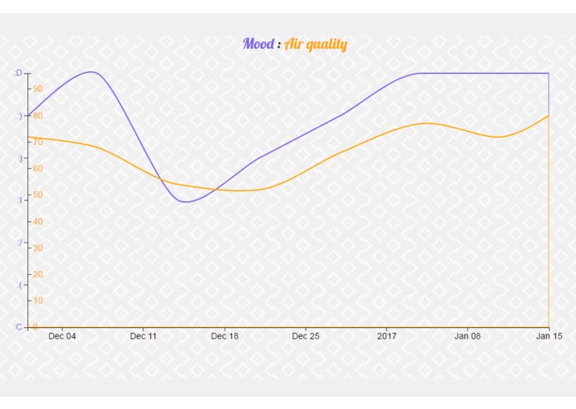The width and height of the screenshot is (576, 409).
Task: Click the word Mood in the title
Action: pyautogui.click(x=259, y=44)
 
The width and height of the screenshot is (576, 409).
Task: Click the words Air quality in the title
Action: pyautogui.click(x=316, y=45)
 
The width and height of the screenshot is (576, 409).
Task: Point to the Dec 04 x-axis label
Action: pyautogui.click(x=62, y=336)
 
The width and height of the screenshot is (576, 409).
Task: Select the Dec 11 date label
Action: pyautogui.click(x=143, y=336)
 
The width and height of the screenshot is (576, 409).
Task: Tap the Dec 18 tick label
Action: pyautogui.click(x=225, y=336)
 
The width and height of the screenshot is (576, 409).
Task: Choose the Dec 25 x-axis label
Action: pyautogui.click(x=306, y=336)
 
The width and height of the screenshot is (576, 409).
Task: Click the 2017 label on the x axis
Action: pyautogui.click(x=387, y=336)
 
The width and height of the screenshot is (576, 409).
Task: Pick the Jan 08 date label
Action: pyautogui.click(x=467, y=336)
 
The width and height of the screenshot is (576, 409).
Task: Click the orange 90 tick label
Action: pyautogui.click(x=37, y=89)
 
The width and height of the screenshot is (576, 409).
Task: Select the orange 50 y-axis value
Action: pyautogui.click(x=37, y=195)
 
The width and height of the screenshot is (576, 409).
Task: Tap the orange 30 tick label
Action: pyautogui.click(x=37, y=248)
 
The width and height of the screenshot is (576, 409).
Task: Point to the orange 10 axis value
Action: pyautogui.click(x=37, y=301)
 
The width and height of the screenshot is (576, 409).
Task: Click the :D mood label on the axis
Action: pyautogui.click(x=18, y=74)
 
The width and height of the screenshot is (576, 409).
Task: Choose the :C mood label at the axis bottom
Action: pyautogui.click(x=18, y=327)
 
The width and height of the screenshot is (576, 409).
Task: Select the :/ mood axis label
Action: pyautogui.click(x=19, y=243)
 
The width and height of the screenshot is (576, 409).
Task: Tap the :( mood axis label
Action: pyautogui.click(x=19, y=286)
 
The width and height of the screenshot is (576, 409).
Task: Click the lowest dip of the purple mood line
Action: pyautogui.click(x=185, y=201)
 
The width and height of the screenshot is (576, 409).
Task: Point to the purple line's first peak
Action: pyautogui.click(x=92, y=71)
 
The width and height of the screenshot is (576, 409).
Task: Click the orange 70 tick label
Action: pyautogui.click(x=37, y=142)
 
